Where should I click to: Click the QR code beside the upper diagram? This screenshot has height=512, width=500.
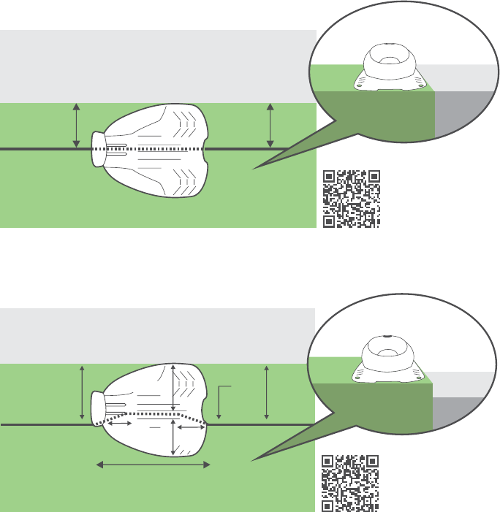(x=352, y=198)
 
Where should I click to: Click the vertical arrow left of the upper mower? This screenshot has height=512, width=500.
(x=77, y=126)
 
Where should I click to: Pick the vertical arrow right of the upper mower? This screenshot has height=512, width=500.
(x=270, y=126)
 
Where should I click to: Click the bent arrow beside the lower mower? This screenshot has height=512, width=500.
(x=221, y=397)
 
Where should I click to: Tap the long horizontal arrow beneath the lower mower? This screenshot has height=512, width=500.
(x=154, y=464)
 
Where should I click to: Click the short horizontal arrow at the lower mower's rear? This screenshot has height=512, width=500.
(x=192, y=428)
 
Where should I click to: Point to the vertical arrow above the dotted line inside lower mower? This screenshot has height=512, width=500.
(x=173, y=387)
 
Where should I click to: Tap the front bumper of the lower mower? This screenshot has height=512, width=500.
(x=95, y=410)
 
